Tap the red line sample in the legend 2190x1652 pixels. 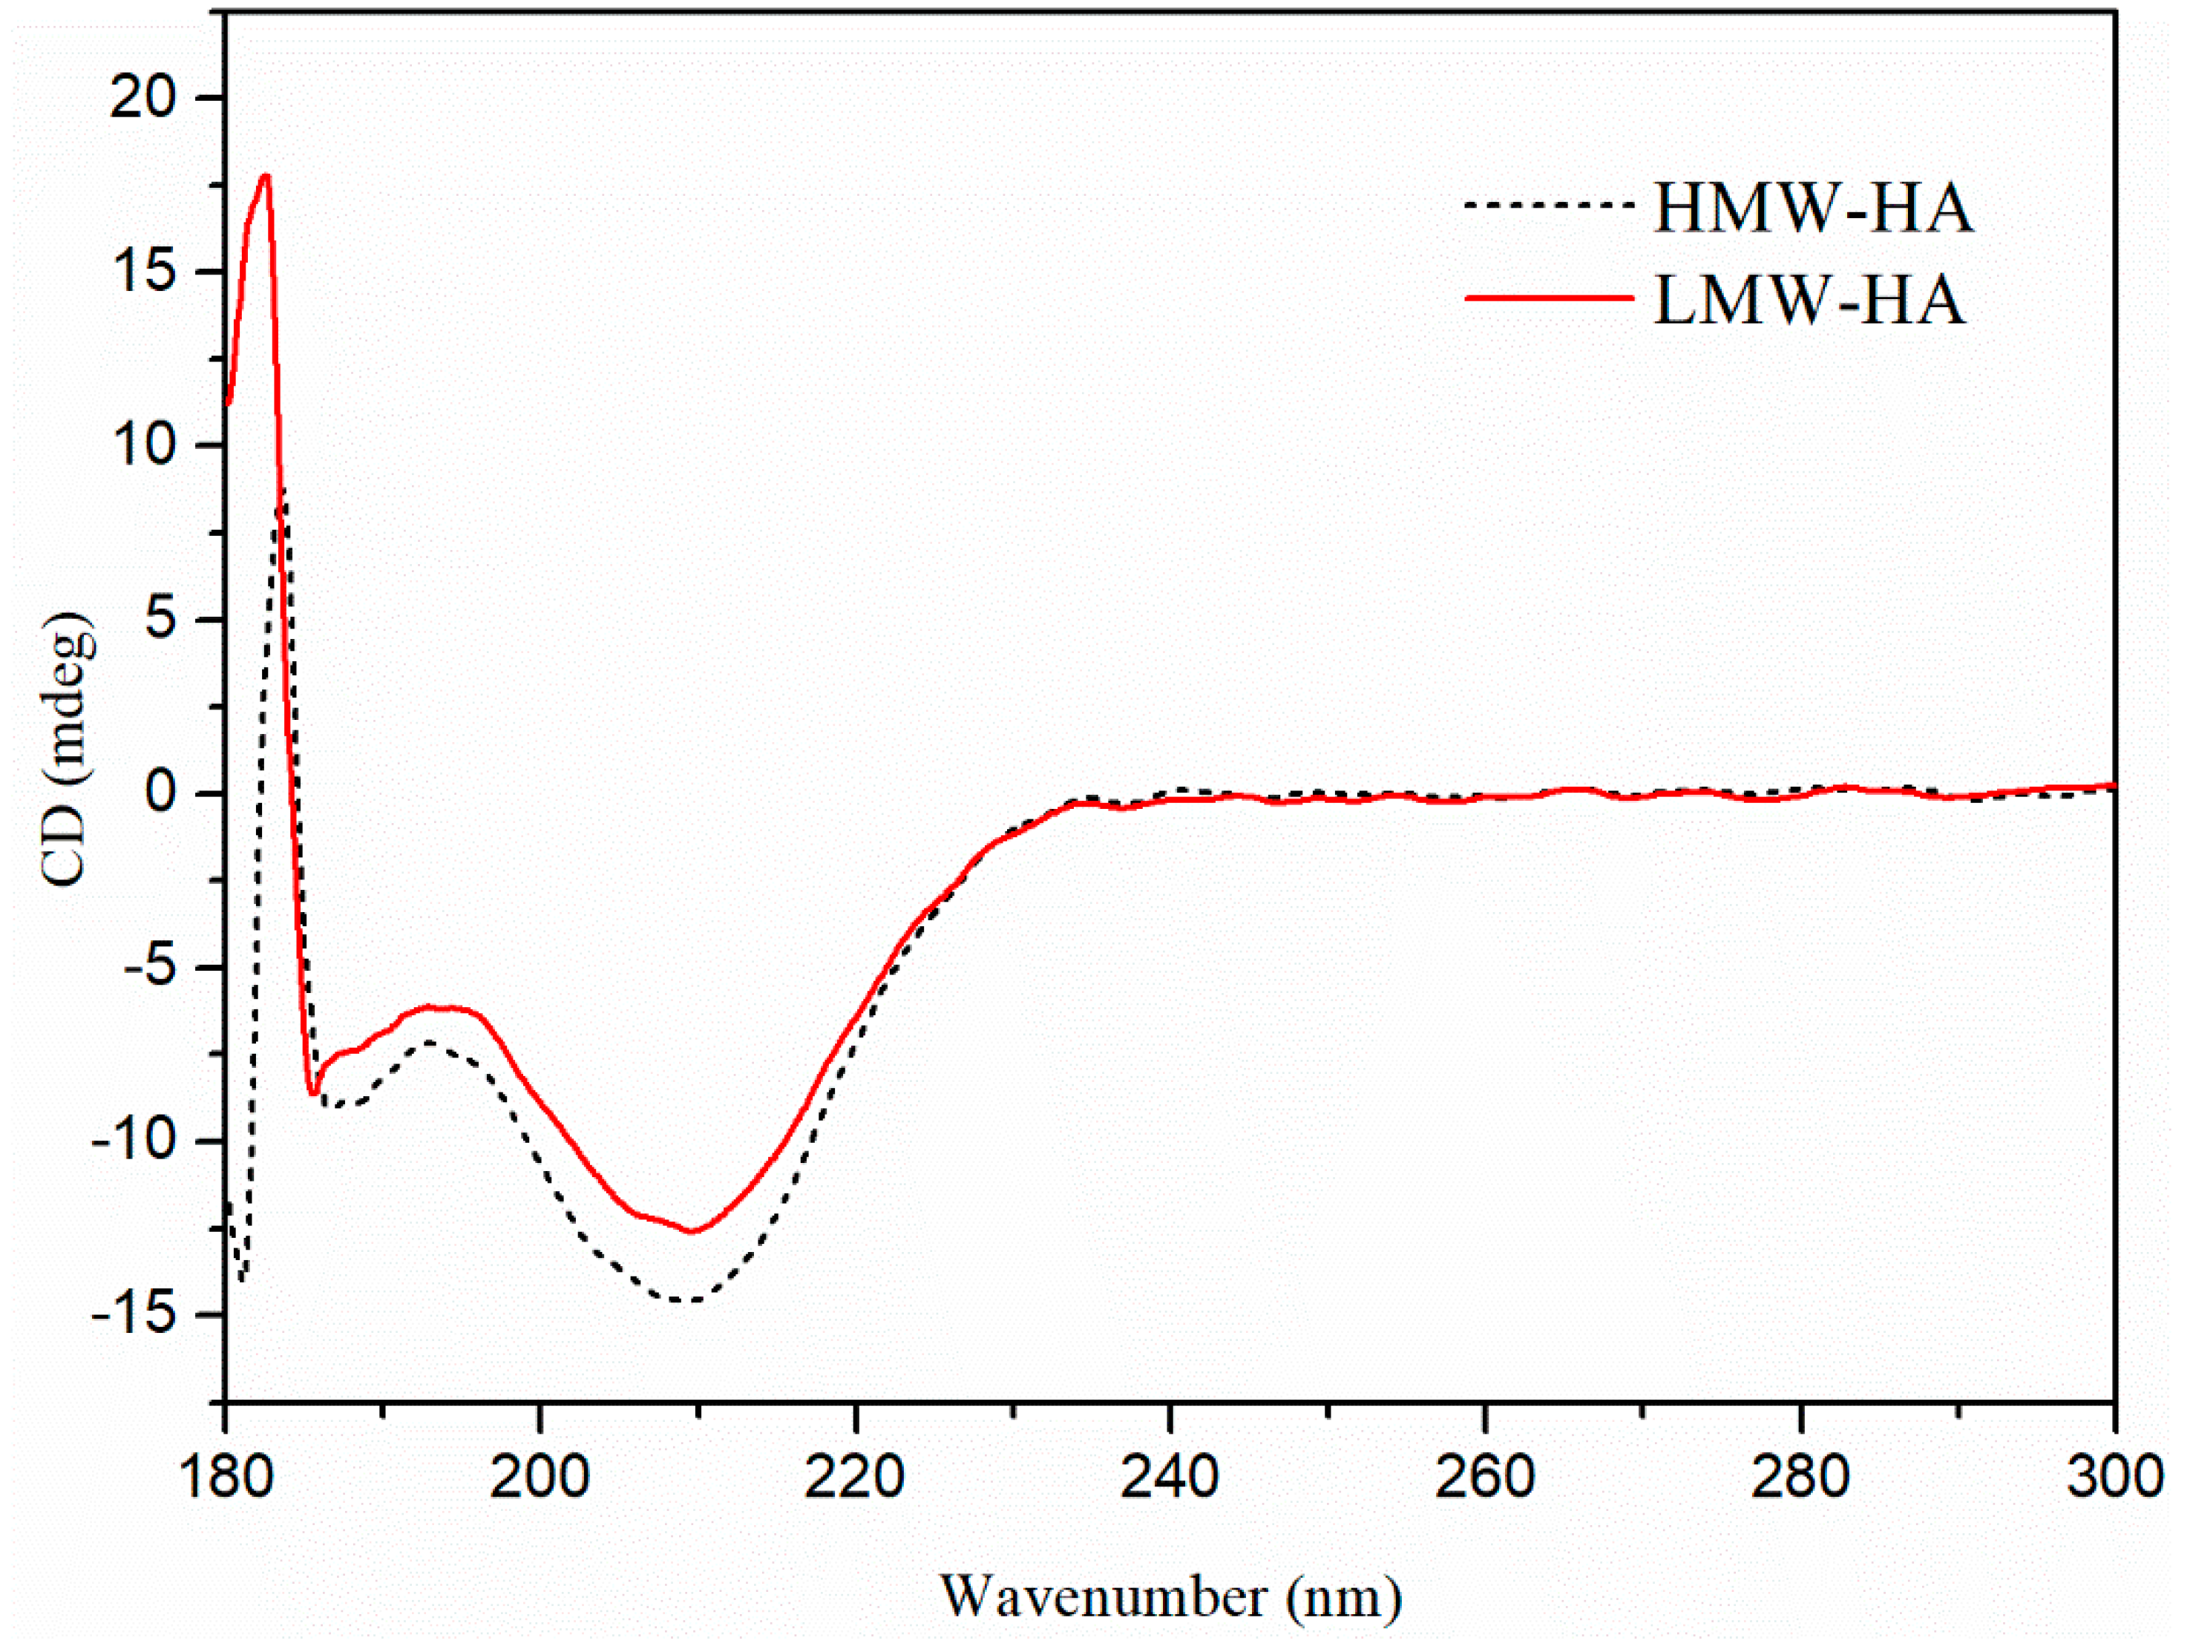coord(1549,296)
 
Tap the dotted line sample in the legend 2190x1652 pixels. coord(1549,205)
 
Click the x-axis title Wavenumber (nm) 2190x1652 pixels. coord(1170,1596)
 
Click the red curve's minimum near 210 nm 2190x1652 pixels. coord(692,1231)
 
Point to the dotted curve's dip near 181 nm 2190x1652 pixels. coord(240,1281)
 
